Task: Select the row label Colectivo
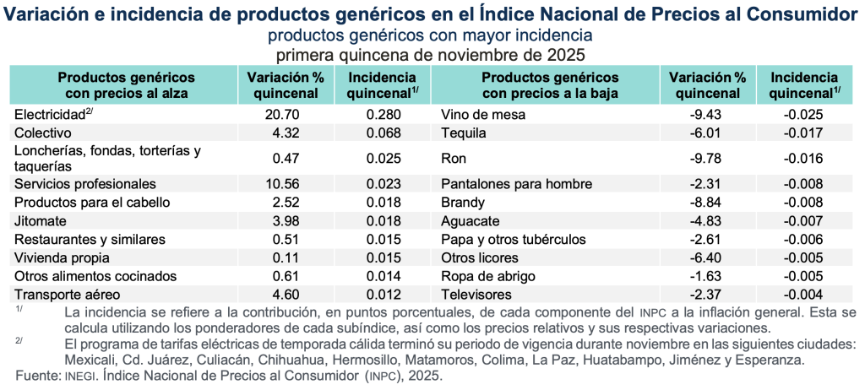(42, 133)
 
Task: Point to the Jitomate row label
(40, 220)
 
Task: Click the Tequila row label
(464, 133)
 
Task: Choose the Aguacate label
(470, 220)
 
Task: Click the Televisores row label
(476, 295)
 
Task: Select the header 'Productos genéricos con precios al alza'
(126, 84)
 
